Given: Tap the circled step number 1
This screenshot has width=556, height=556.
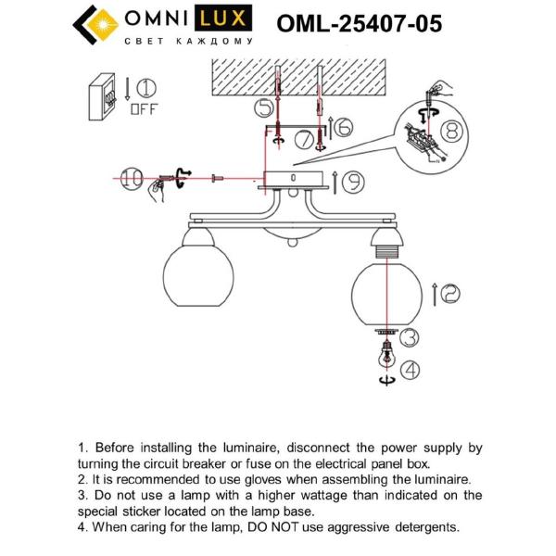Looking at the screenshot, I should point(145,89).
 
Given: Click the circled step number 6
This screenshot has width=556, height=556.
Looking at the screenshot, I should point(342,127).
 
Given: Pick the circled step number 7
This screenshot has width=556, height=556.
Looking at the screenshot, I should point(303,141).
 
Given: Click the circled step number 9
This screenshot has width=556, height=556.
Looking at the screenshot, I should point(351,181).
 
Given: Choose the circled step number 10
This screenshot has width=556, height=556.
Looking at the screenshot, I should point(133,179).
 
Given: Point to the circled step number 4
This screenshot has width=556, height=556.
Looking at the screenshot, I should point(409,369).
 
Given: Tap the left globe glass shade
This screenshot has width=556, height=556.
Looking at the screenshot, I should point(191,276).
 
